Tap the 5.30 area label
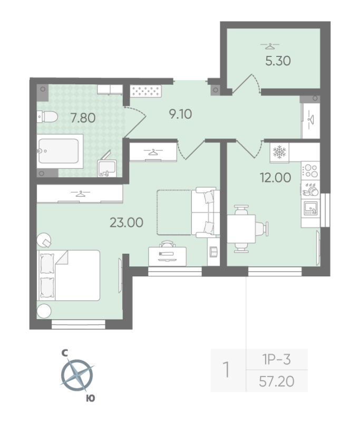pos(278,60)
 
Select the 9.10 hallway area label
pos(180,113)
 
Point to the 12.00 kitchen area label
pos(275,178)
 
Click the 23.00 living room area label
pos(127,223)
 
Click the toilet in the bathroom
pos(45,117)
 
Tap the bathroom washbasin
pos(106,166)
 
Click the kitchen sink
pos(310,208)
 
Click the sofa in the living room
pos(205,212)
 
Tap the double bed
pos(69,275)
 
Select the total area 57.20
pos(277,380)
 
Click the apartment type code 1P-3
pos(277,360)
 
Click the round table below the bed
pos(43,311)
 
